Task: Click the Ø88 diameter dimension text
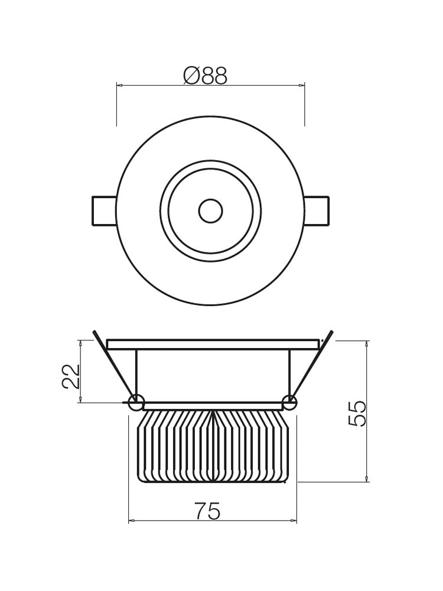205,76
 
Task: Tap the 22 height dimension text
71,376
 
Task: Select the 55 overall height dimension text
358,413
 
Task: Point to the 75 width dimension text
207,511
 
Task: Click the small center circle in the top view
210,211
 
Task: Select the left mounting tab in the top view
104,211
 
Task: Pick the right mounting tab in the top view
317,211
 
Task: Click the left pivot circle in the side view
136,402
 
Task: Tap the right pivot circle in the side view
289,402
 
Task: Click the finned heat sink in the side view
212,446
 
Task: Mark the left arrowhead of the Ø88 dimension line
119,86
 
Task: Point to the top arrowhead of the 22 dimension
80,343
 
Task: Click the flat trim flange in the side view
213,344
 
